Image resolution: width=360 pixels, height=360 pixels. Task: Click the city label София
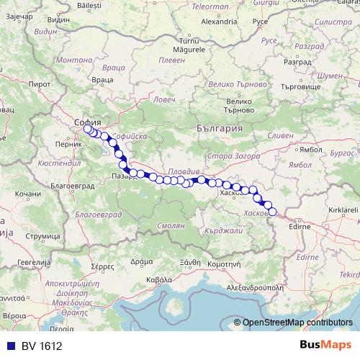pos(87,122)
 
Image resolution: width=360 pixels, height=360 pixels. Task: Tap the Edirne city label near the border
pos(300,226)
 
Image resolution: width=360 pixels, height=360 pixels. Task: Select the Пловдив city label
pos(176,173)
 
